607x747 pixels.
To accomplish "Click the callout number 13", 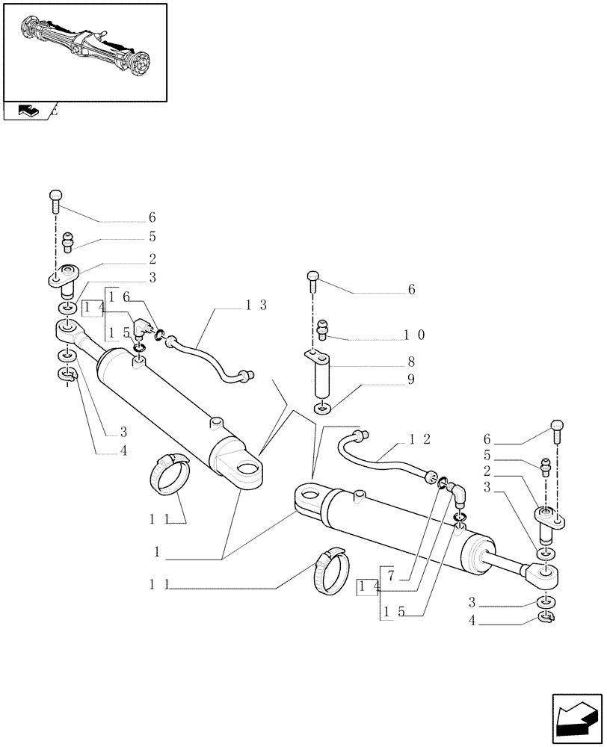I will coord(256,306).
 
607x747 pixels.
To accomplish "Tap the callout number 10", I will coord(416,335).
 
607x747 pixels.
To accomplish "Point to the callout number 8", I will coord(410,362).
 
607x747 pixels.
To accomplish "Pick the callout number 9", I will coord(410,379).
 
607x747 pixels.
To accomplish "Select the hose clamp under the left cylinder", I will coord(171,474).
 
